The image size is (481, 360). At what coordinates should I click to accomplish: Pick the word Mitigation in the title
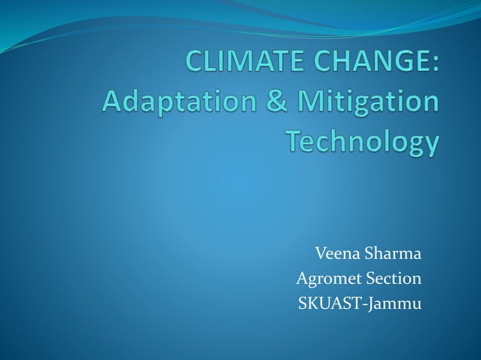[360, 102]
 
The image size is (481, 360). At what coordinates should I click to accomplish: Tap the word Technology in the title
[361, 142]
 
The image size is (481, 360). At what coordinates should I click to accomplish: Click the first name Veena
[337, 252]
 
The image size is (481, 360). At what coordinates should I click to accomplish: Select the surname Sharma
[393, 252]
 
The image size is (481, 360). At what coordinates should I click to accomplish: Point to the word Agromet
[328, 279]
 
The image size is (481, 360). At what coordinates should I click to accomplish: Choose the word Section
[393, 279]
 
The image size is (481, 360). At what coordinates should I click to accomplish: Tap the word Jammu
[395, 304]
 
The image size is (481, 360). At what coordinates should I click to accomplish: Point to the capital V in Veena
[320, 252]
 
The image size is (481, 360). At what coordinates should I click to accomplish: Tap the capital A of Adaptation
[112, 101]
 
